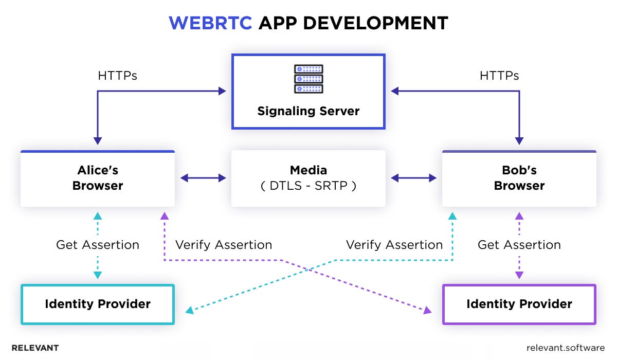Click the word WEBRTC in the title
click(210, 23)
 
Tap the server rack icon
click(308, 79)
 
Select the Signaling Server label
click(308, 111)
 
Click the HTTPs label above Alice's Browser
click(118, 76)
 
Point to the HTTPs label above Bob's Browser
click(499, 76)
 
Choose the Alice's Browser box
click(98, 178)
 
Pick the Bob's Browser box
click(519, 178)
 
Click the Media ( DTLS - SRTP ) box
click(308, 178)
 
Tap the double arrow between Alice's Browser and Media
click(203, 178)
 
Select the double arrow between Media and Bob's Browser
click(414, 178)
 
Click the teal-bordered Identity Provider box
click(98, 304)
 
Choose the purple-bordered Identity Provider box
click(519, 304)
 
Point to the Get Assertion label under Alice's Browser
click(98, 245)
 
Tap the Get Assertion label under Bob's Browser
click(519, 245)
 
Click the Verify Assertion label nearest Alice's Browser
click(224, 245)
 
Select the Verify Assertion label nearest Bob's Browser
click(394, 245)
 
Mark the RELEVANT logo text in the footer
click(35, 348)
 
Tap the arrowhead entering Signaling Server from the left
click(223, 91)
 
